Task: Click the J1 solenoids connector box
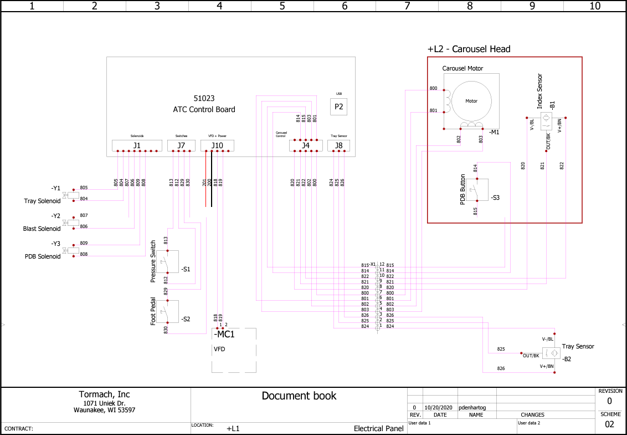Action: tap(137, 145)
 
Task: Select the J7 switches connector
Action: tap(181, 145)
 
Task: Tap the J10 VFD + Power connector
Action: tap(217, 145)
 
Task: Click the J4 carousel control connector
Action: tap(305, 145)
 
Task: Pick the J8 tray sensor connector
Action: tap(338, 145)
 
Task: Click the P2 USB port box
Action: tap(338, 107)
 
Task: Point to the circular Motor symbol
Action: tap(471, 101)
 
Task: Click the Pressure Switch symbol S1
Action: tap(167, 261)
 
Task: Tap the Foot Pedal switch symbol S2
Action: tap(167, 311)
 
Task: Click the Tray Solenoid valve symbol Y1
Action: tap(70, 195)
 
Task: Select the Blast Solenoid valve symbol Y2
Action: tap(70, 223)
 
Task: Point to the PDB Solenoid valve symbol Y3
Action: tap(70, 251)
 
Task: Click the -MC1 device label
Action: tap(224, 335)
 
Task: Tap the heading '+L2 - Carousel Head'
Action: tap(469, 49)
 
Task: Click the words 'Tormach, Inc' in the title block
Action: tap(105, 394)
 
